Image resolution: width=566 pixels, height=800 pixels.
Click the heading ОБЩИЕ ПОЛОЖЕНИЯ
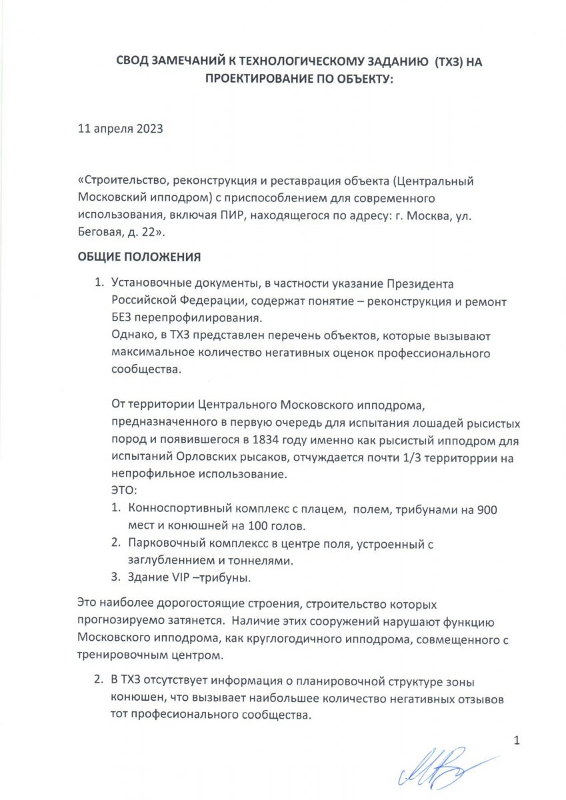pyautogui.click(x=139, y=257)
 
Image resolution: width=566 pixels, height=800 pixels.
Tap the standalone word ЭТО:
pyautogui.click(x=124, y=491)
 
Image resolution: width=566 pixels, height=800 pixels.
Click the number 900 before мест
pyautogui.click(x=489, y=509)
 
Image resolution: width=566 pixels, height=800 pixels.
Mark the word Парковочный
pyautogui.click(x=165, y=544)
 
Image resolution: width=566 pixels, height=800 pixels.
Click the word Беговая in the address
pyautogui.click(x=100, y=233)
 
